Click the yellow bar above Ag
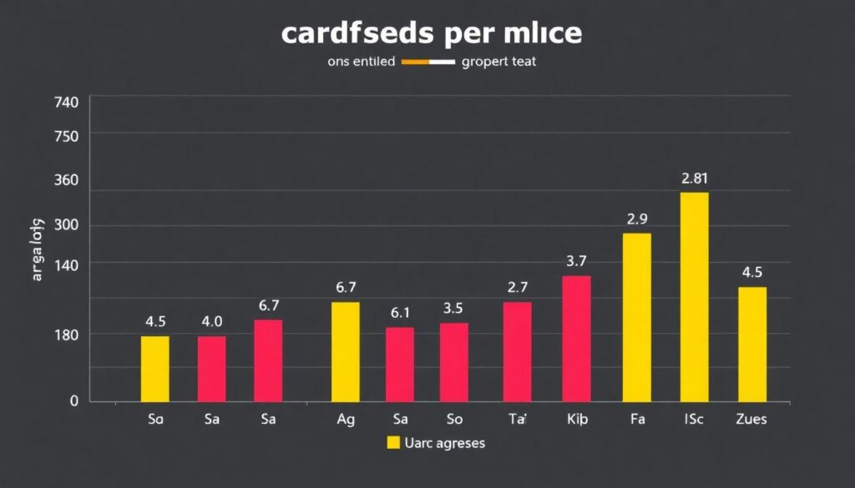pos(346,351)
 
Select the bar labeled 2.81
pos(694,296)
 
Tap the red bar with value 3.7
pos(576,338)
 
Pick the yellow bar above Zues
pos(752,344)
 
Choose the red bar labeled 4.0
pos(211,368)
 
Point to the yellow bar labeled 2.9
pos(637,317)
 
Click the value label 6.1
pos(400,314)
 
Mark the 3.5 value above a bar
pos(453,309)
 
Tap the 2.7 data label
pos(518,288)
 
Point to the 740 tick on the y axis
pos(65,102)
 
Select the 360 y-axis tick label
pos(65,180)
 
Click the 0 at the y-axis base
pos(73,400)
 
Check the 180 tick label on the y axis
pos(65,335)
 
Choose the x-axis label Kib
pos(577,420)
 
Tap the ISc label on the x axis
pos(694,420)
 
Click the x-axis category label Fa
pos(637,420)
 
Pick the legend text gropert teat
pos(498,62)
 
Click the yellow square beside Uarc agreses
pos(394,443)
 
